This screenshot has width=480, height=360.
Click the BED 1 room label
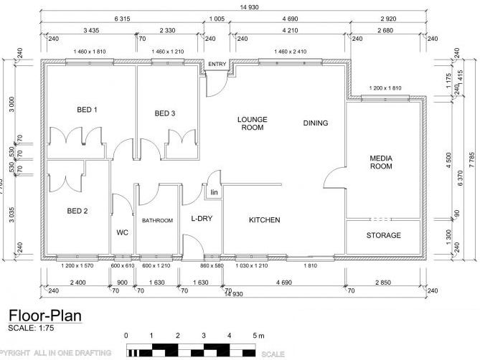pyautogui.click(x=87, y=110)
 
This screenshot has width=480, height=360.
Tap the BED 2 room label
pyautogui.click(x=77, y=211)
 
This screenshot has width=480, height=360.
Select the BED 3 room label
pyautogui.click(x=165, y=113)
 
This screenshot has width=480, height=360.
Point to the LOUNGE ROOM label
pyautogui.click(x=251, y=123)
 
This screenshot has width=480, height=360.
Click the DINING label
pyautogui.click(x=316, y=123)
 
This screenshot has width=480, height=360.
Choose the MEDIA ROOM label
pyautogui.click(x=381, y=162)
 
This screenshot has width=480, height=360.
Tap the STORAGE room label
pyautogui.click(x=383, y=235)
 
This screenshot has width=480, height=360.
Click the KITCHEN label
pyautogui.click(x=264, y=220)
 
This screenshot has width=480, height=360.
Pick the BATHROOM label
pyautogui.click(x=157, y=221)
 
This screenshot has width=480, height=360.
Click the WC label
pyautogui.click(x=122, y=232)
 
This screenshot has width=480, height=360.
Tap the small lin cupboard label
pyautogui.click(x=213, y=193)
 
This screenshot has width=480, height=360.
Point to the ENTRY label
pyautogui.click(x=217, y=65)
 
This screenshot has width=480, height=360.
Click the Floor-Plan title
pyautogui.click(x=45, y=315)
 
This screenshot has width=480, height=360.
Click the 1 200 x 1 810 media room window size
pyautogui.click(x=389, y=88)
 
